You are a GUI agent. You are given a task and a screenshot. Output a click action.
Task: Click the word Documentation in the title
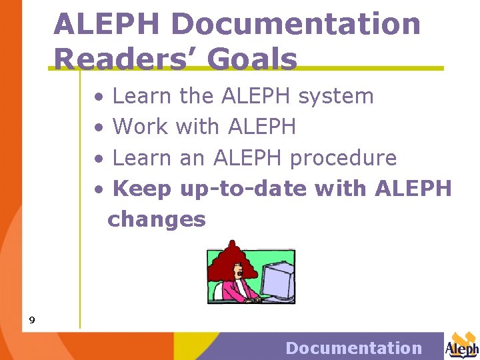click(x=296, y=25)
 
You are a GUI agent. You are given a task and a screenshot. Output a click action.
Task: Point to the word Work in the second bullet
click(x=141, y=127)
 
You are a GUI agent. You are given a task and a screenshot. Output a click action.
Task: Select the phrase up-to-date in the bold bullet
click(x=244, y=189)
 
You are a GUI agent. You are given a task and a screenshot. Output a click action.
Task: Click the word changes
click(x=157, y=219)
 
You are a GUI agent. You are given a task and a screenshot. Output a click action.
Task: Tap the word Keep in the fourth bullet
click(x=142, y=189)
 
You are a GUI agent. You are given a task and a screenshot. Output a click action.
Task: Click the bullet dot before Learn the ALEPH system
click(x=99, y=97)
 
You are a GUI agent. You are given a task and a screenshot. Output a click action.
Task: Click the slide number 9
click(x=31, y=321)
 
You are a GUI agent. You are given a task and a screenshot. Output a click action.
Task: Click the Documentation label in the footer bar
click(x=353, y=348)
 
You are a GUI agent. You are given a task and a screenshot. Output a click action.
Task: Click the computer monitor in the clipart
click(x=276, y=275)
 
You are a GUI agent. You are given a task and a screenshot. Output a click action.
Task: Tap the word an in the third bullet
click(x=192, y=159)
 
